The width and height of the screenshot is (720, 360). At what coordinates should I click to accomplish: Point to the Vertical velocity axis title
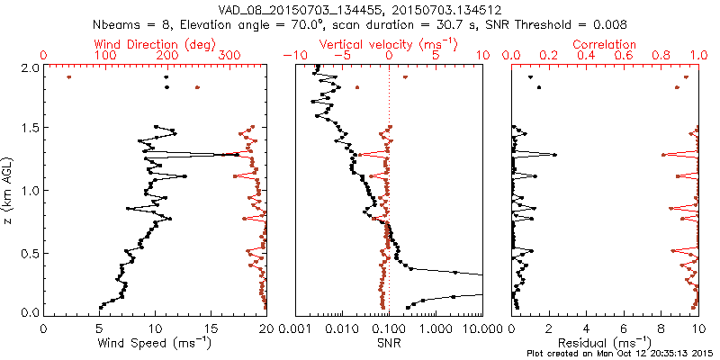point(389,44)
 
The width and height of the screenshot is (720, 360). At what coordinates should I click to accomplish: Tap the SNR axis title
point(389,343)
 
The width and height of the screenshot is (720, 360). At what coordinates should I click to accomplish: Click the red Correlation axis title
point(604,44)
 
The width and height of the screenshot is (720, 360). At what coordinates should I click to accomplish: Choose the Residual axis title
point(604,343)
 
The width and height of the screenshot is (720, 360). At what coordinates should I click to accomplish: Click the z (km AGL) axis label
point(10,190)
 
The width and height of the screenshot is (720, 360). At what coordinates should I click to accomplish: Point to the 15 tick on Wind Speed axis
point(211,328)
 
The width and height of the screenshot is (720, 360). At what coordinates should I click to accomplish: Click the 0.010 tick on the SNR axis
point(341,328)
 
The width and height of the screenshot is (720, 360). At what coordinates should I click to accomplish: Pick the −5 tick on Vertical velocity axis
point(342,56)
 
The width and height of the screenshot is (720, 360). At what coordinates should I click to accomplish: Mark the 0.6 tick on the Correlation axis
point(624,56)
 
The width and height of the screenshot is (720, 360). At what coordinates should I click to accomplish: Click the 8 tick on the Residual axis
point(661,328)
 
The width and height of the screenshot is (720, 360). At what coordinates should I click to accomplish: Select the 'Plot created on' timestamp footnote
point(621,354)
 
